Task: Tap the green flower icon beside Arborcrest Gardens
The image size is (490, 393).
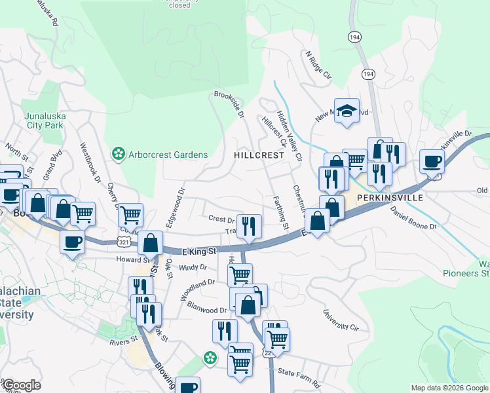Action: pyautogui.click(x=119, y=155)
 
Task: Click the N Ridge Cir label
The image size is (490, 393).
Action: pyautogui.click(x=318, y=65)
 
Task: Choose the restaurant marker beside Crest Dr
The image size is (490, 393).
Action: pyautogui.click(x=249, y=227)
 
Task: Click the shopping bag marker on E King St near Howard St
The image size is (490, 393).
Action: pyautogui.click(x=150, y=243)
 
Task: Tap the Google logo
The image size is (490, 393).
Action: pyautogui.click(x=22, y=385)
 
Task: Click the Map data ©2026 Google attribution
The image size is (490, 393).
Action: pyautogui.click(x=449, y=388)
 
